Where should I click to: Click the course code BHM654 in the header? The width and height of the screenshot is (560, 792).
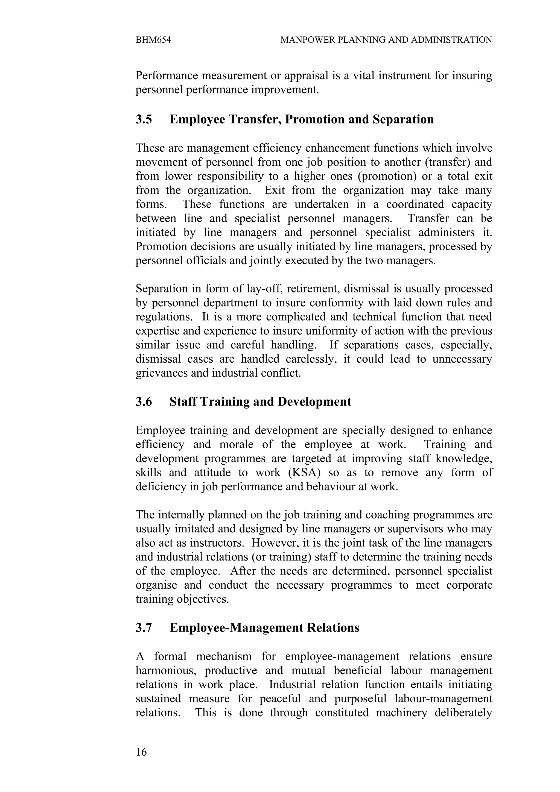tap(153, 40)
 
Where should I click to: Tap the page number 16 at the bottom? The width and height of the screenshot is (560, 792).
tap(141, 752)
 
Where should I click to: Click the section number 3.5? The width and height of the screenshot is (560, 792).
tap(144, 119)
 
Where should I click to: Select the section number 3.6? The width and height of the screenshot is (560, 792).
tap(144, 402)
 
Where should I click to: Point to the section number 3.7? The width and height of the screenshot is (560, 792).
tap(144, 627)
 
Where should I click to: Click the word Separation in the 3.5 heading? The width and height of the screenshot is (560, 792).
tap(403, 119)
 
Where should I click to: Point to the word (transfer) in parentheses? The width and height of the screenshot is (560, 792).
tap(448, 162)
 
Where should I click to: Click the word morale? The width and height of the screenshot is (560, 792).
tap(236, 444)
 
